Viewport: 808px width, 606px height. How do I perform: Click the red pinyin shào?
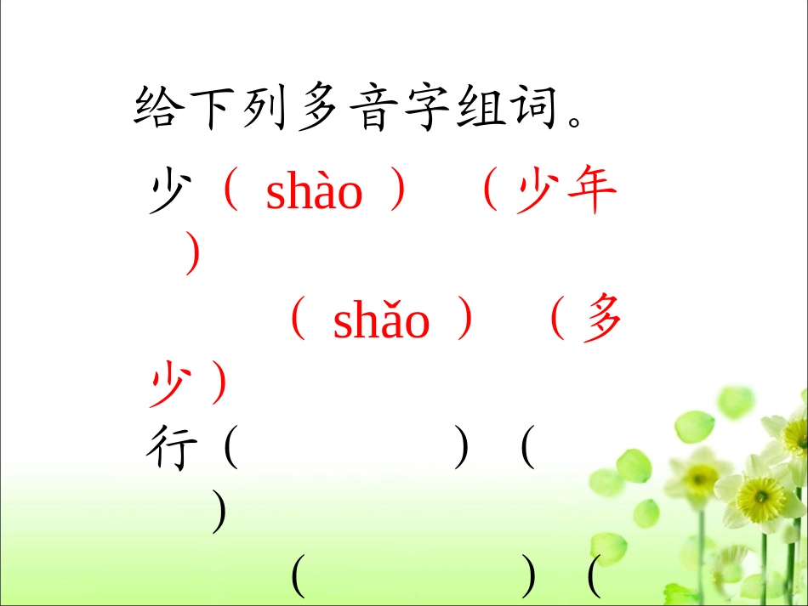point(314,193)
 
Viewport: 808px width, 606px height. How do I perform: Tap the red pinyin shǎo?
point(381,321)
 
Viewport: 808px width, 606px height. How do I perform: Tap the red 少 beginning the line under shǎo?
point(168,384)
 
